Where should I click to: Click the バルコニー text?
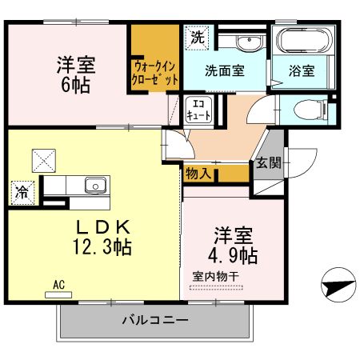154,321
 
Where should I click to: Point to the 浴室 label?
302,70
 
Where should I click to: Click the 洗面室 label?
224,70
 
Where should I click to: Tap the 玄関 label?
268,164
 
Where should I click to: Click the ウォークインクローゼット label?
155,72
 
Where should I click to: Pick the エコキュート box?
198,110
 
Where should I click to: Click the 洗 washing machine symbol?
197,36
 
